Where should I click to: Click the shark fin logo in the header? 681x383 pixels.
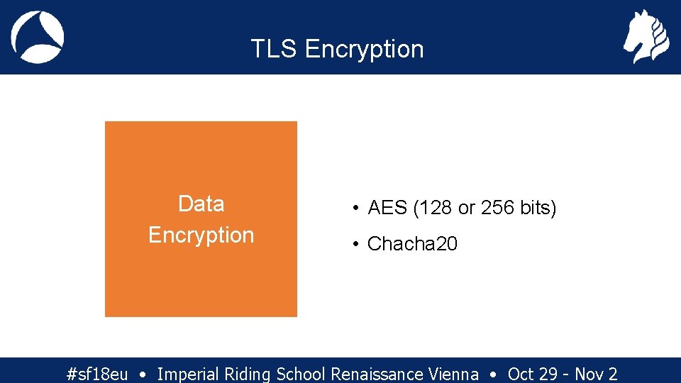pos(38,37)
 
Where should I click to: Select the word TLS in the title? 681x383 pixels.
pos(274,49)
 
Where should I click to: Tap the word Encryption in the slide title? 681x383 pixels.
pos(364,49)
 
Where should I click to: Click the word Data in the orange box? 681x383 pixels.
pos(201,204)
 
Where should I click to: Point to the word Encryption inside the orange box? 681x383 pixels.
pos(201,235)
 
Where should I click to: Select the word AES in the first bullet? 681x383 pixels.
pos(387,209)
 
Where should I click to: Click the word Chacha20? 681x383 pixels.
pos(412,244)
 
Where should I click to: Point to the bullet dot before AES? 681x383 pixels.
pos(355,209)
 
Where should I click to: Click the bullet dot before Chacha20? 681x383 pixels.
pos(355,244)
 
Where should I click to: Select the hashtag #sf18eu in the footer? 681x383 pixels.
pos(96,374)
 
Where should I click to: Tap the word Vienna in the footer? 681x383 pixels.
pos(453,374)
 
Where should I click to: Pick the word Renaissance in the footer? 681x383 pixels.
pos(377,374)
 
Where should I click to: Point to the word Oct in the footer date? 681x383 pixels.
pos(521,374)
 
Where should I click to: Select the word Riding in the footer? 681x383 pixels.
pos(248,374)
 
